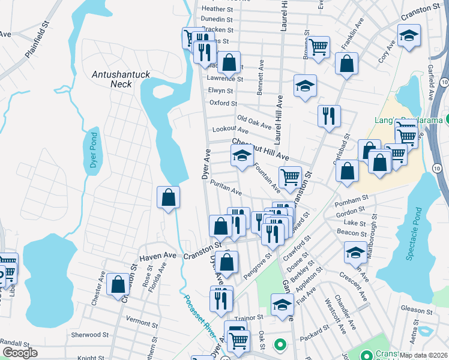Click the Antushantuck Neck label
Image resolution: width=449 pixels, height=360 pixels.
pos(121,79)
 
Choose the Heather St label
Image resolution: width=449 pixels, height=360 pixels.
pos(217,9)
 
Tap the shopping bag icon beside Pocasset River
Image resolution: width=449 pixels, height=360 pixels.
pos(169,197)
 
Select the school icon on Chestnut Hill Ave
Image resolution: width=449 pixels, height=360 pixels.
pos(242,156)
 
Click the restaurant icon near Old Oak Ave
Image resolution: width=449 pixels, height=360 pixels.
pos(329,116)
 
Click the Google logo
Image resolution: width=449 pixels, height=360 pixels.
pos(20,353)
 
